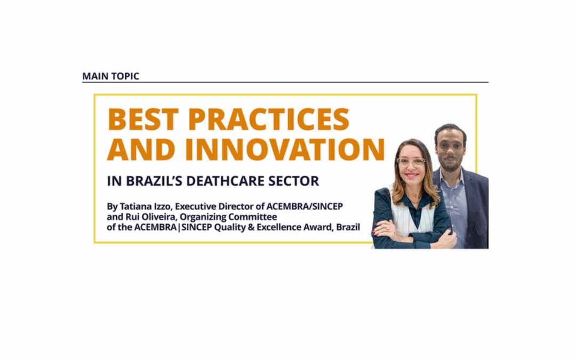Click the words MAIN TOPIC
[110, 76]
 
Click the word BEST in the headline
[143, 119]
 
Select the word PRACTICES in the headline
[268, 119]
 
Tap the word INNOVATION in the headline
[285, 149]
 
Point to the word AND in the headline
[141, 149]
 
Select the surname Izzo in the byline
[162, 206]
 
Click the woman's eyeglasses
[411, 161]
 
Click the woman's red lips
[411, 175]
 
